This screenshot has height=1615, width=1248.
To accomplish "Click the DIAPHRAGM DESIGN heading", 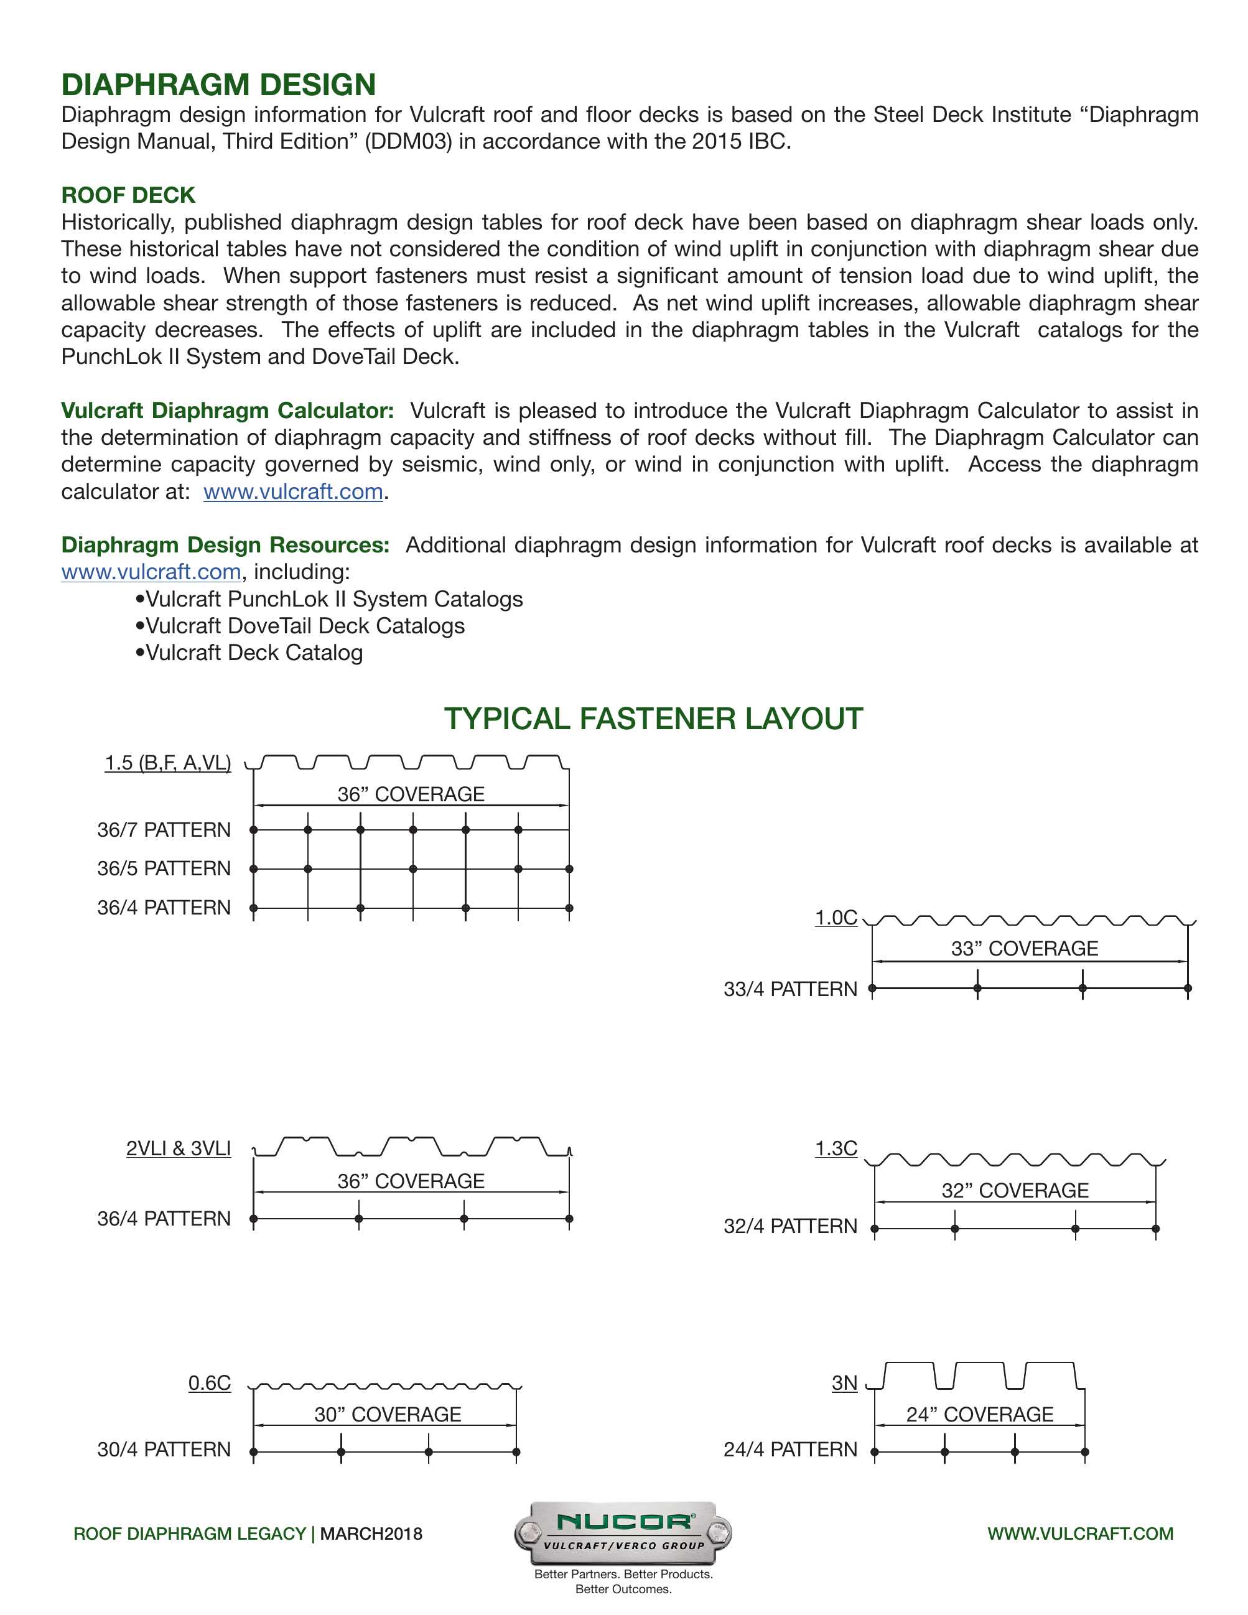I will [218, 85].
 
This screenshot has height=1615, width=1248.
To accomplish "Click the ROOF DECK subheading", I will [128, 195].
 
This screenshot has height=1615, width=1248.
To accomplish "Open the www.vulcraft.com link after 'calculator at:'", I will [293, 491].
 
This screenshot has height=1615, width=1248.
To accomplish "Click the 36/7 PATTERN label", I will [164, 830].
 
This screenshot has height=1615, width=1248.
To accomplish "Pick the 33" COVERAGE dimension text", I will [1024, 949].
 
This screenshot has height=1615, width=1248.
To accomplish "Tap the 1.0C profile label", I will [836, 918].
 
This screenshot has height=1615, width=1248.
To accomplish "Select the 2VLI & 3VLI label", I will [178, 1148].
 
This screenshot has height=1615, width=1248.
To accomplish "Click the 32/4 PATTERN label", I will [789, 1226].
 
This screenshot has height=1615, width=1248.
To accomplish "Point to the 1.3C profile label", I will [836, 1148].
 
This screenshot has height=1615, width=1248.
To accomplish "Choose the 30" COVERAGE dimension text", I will [388, 1415].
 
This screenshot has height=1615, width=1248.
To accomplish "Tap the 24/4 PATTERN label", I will [789, 1450].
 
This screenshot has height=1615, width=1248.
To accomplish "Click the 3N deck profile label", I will [844, 1383].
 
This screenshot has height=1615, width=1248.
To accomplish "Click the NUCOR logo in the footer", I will [623, 1532].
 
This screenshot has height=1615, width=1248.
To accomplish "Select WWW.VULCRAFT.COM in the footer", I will [1080, 1534].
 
